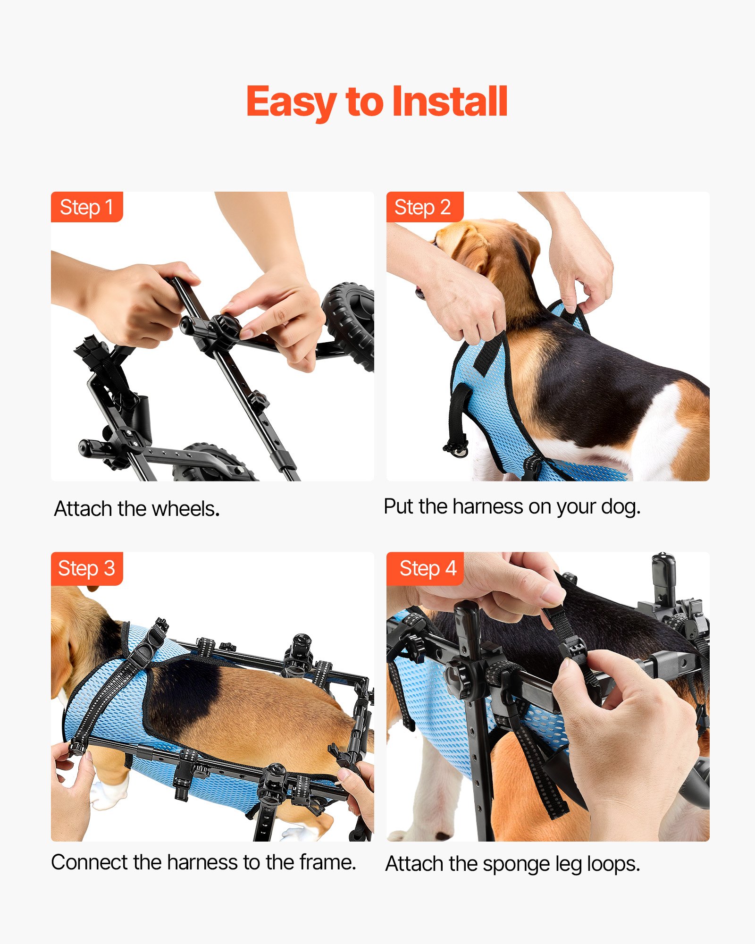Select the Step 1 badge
click(87, 207)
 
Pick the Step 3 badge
click(87, 568)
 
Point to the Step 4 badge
click(428, 568)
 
